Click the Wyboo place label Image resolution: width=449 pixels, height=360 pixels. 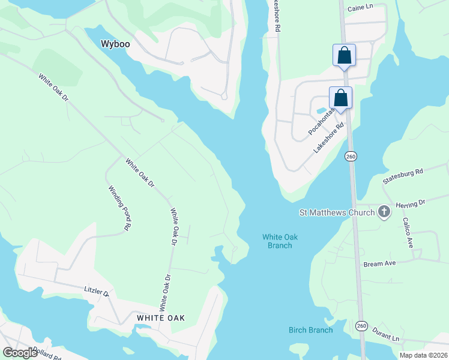pos(115,44)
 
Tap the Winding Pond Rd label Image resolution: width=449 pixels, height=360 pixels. pos(119,208)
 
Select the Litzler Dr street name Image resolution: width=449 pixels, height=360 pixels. pos(97,292)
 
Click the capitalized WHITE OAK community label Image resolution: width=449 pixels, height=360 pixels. pos(160,317)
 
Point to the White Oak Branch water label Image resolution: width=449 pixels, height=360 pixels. pos(280,241)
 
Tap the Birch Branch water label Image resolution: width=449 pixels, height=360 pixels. pos(310,330)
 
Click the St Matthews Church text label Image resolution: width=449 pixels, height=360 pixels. pos(336,212)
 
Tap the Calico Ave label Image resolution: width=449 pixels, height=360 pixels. pos(408,233)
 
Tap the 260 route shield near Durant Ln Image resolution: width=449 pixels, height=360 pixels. pos(361,325)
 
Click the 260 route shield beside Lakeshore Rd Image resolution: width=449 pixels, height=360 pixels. pos(351,156)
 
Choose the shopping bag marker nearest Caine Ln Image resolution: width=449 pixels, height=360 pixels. pos(345,56)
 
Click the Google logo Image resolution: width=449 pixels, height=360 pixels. pos(20,353)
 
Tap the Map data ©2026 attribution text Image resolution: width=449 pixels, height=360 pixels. pos(423,355)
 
